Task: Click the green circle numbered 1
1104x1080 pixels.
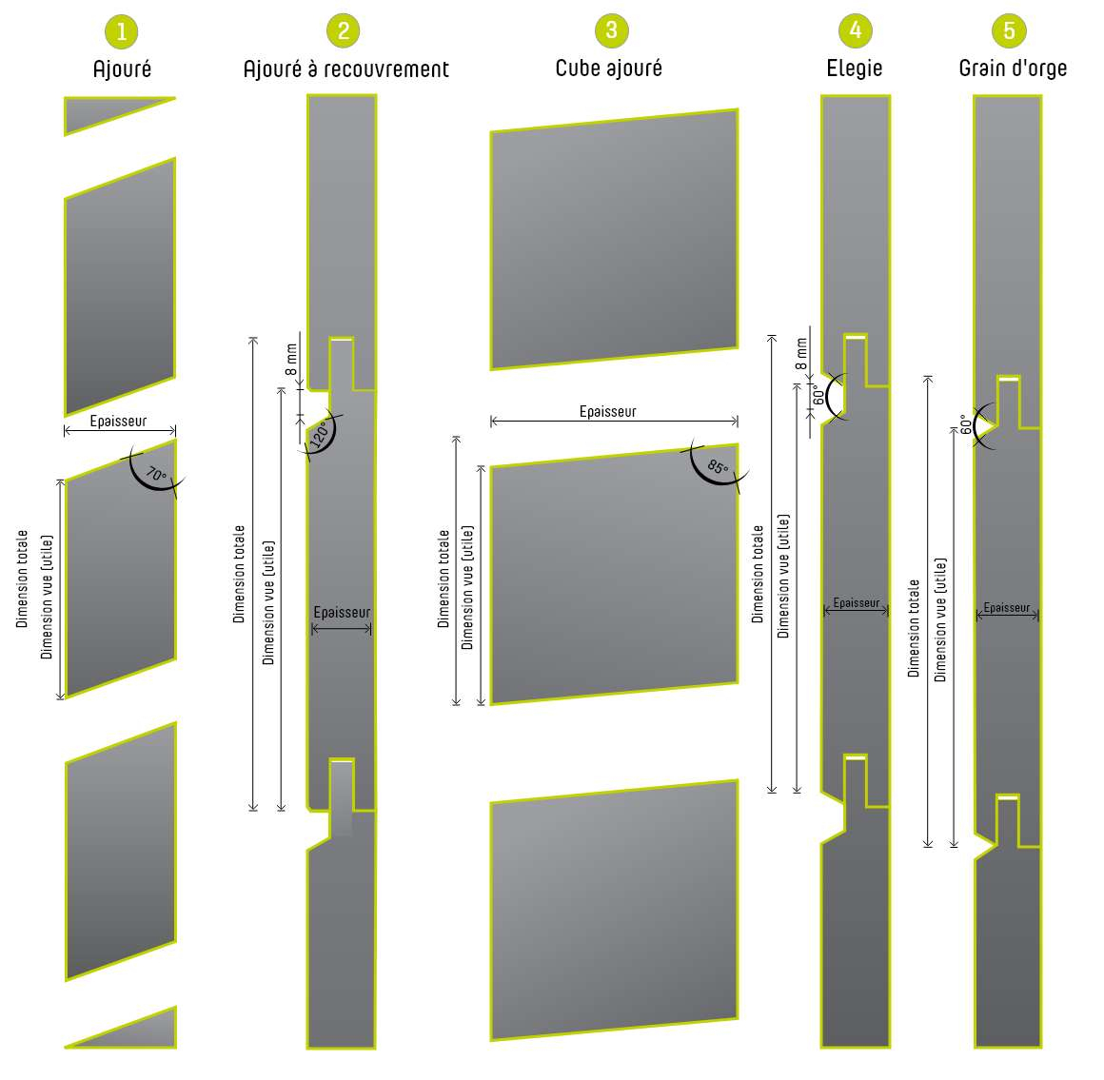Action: tap(121, 31)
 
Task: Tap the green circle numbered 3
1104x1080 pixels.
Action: tap(611, 30)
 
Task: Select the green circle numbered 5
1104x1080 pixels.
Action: tap(1009, 30)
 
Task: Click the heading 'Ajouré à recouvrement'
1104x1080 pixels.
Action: tap(345, 69)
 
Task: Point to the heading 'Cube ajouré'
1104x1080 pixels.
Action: tap(608, 69)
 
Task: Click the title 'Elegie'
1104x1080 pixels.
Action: tap(854, 69)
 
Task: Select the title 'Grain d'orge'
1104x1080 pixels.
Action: tap(1013, 69)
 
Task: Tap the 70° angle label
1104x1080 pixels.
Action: tap(155, 474)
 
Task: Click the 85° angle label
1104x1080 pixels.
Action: tap(718, 466)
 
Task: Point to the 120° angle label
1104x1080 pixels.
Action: tap(320, 435)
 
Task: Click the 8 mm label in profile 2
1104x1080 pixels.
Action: tap(291, 360)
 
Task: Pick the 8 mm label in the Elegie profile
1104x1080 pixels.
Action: tap(801, 354)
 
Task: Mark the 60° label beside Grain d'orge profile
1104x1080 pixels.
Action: tap(965, 424)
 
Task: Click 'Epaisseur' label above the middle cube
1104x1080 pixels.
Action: tap(607, 411)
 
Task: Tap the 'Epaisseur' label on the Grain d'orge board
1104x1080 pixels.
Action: tap(1006, 608)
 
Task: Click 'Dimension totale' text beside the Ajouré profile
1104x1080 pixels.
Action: tap(23, 579)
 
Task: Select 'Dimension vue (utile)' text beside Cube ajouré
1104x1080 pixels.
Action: tap(467, 587)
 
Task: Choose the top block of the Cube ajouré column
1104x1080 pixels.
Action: tap(614, 240)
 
